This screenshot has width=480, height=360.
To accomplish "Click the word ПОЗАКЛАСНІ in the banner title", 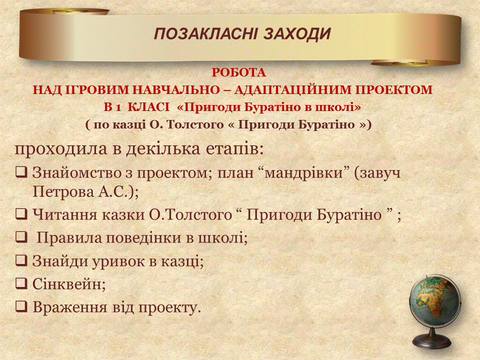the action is coord(205,34).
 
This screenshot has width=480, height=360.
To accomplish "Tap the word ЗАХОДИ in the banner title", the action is coord(297,34).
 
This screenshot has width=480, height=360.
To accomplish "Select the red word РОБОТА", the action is coord(239,72).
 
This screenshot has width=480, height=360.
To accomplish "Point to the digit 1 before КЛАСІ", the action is coord(118,108).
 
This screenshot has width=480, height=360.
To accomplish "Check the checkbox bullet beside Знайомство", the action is coord(21,172).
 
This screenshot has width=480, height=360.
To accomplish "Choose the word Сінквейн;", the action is coord(69,284).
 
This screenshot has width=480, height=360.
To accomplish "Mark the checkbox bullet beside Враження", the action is coord(21,306).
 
